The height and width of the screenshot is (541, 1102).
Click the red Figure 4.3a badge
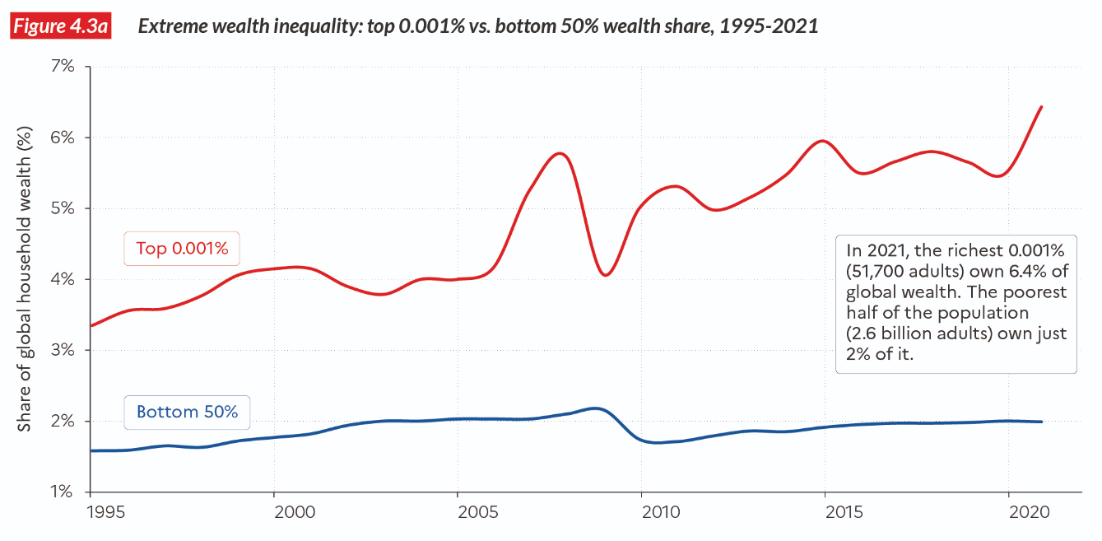tap(62, 26)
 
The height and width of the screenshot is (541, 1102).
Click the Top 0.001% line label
tap(182, 249)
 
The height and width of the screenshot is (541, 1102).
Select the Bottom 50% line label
tap(187, 412)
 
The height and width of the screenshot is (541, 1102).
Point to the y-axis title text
tap(26, 278)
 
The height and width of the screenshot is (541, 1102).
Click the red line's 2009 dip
tap(605, 274)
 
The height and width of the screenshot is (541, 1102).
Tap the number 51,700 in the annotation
tap(884, 270)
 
